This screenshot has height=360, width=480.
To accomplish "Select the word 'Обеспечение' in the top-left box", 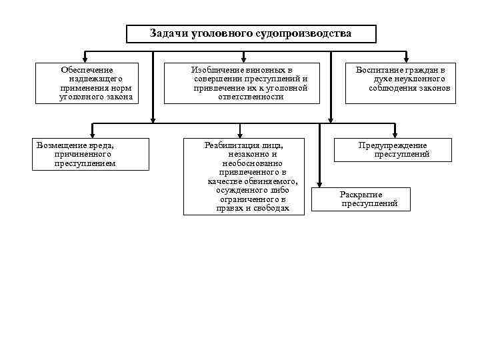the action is click(87, 69).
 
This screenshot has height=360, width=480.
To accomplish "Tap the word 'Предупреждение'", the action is click(393, 145).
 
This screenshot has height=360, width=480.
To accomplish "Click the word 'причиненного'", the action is click(83, 154).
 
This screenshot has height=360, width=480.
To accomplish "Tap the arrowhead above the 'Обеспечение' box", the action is click(85, 59).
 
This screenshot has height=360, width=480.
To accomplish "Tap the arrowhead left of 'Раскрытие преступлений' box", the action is click(320, 185).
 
